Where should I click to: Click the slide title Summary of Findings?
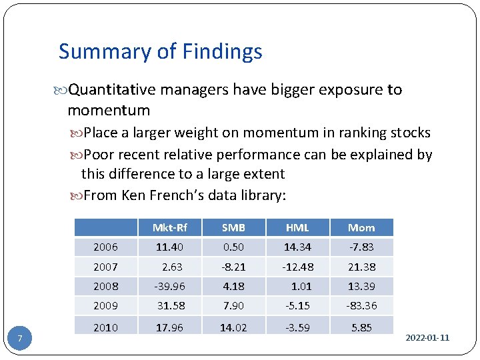tap(160, 51)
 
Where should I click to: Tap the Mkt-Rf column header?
tap(169, 227)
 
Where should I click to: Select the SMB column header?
tap(233, 227)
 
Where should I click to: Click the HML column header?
tap(297, 227)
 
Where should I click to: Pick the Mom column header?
tap(361, 227)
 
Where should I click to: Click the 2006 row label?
tap(105, 247)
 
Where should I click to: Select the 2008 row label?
tap(105, 287)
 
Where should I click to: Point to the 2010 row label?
tap(105, 327)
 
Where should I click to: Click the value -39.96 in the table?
tap(169, 287)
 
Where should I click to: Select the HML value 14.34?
tap(297, 247)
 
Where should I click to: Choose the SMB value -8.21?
tap(233, 267)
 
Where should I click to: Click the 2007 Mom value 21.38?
tap(361, 267)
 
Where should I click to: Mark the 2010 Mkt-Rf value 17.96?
tap(169, 327)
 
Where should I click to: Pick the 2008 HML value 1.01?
tap(301, 287)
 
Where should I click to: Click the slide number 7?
tap(20, 339)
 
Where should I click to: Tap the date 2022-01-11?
tap(427, 338)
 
